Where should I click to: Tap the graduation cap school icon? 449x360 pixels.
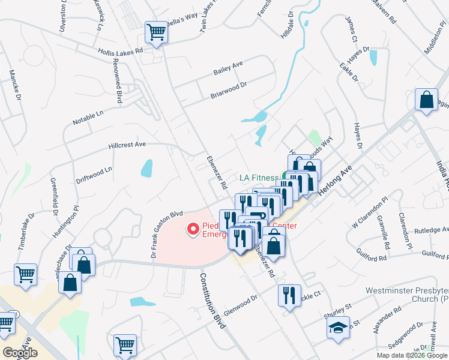click(337, 328)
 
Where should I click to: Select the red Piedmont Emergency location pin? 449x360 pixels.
click(193, 229)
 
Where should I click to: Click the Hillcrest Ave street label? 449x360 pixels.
click(127, 145)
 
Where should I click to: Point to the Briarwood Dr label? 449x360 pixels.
click(229, 91)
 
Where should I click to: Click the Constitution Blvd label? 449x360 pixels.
click(214, 301)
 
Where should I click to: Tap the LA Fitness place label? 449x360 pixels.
click(259, 178)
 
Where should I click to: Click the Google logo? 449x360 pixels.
click(20, 353)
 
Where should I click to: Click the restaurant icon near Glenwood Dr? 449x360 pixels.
click(289, 295)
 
